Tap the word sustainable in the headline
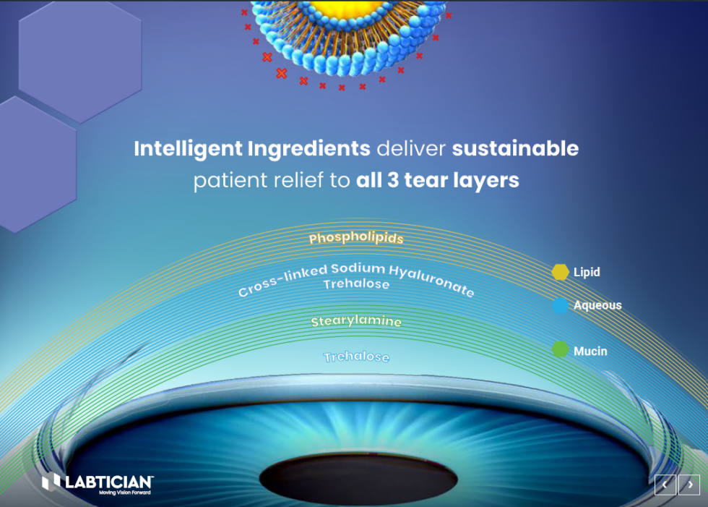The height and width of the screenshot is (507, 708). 515,149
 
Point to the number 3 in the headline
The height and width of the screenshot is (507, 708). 393,180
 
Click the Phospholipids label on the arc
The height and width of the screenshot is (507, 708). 355,238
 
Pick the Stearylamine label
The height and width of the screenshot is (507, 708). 355,322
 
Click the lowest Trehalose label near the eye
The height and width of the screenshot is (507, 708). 356,357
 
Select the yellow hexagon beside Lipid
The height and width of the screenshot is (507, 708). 560,273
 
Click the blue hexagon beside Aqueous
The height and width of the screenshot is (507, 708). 560,306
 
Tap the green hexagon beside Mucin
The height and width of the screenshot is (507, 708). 560,351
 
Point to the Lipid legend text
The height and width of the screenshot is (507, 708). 587,273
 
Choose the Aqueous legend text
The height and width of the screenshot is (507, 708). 597,305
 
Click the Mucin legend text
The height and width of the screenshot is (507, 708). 590,352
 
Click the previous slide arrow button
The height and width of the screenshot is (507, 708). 665,485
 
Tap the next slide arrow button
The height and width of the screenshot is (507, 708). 689,485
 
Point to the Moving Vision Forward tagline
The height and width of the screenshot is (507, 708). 124,493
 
